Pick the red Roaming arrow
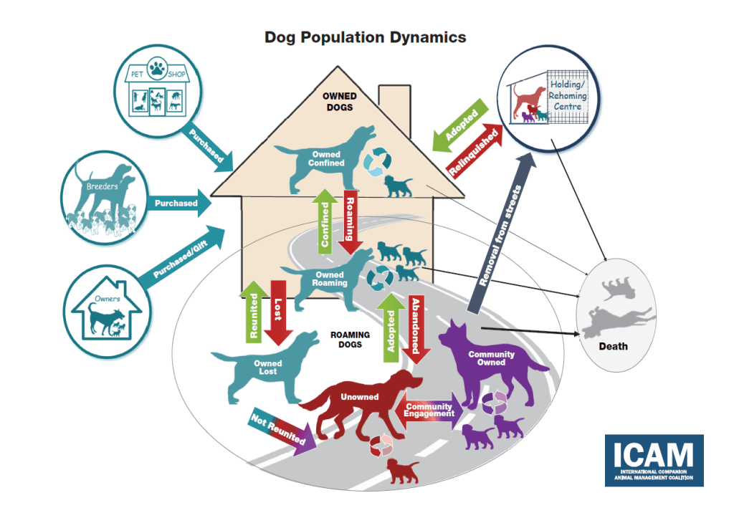click(x=352, y=221)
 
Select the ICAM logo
click(x=654, y=461)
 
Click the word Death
click(x=613, y=346)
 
